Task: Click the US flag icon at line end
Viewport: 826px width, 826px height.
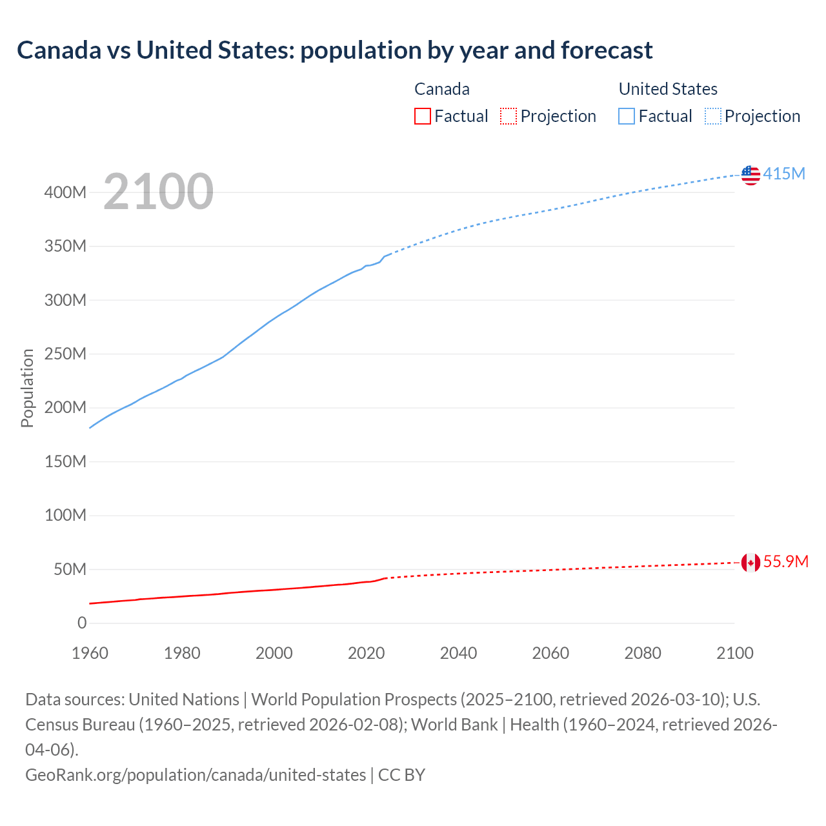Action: pos(750,175)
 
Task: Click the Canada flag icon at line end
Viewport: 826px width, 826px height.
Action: pos(750,563)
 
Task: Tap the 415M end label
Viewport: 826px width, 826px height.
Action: pos(784,174)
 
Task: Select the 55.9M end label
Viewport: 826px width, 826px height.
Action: pos(785,561)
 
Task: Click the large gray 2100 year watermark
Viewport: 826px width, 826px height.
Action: pos(158,192)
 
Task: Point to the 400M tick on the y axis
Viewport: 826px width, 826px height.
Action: pos(65,192)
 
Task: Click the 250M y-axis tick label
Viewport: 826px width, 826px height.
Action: pos(65,354)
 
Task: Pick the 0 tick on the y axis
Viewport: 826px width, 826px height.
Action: pos(82,623)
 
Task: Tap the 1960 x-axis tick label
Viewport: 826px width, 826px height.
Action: pos(90,653)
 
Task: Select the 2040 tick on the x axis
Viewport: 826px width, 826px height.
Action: pos(458,653)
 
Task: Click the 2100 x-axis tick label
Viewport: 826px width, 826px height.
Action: pos(735,653)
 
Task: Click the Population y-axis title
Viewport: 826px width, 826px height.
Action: pos(27,388)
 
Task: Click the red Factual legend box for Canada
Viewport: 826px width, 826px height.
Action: pos(422,116)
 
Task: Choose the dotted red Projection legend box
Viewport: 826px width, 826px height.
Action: pos(509,116)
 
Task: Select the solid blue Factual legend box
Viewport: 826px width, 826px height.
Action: pos(626,116)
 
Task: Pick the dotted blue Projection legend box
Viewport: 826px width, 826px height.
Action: pos(712,116)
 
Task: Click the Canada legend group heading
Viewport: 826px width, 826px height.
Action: pos(441,89)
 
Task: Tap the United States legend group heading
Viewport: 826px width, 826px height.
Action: pos(668,89)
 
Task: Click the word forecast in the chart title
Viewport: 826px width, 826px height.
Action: pos(607,50)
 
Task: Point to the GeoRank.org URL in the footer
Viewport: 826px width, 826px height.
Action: pos(196,774)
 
